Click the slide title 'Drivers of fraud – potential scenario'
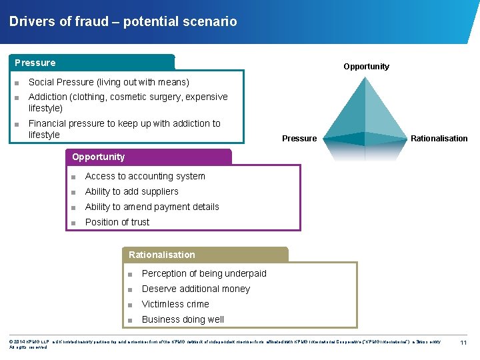pos(123,21)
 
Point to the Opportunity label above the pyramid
pos(366,67)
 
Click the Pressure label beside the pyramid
pos(299,139)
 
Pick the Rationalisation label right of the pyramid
pos(439,139)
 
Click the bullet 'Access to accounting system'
pos(145,176)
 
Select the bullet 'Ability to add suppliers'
pos(131,191)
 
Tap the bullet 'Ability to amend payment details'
pos(152,207)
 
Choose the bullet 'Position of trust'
pos(117,222)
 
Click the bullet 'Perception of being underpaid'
pos(204,273)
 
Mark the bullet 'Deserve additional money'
pos(196,289)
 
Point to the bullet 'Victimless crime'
pos(175,304)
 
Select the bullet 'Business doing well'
pos(183,319)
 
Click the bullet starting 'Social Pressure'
pos(109,82)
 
